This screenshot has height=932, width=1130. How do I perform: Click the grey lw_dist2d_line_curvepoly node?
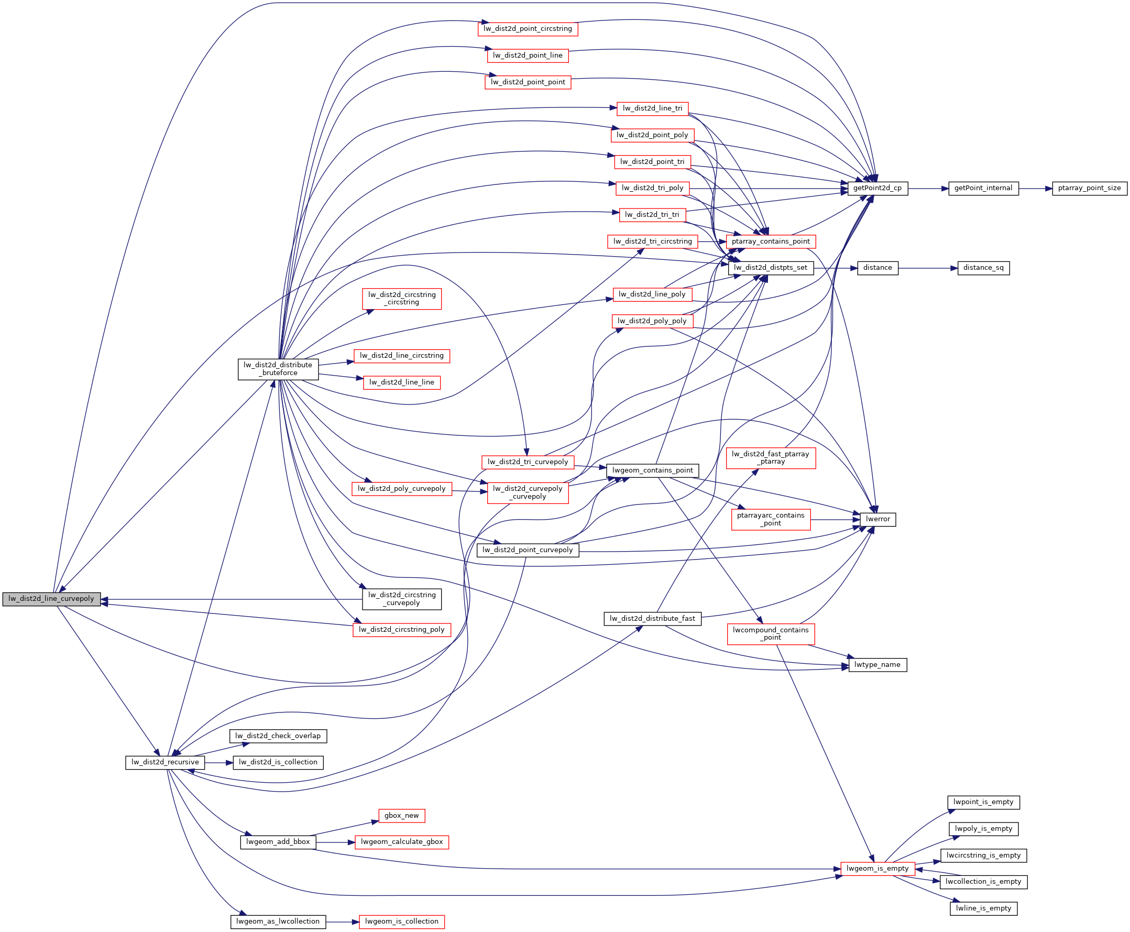click(51, 599)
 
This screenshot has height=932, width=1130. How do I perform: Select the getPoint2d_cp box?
click(877, 189)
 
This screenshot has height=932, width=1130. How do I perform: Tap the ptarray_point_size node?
click(1089, 189)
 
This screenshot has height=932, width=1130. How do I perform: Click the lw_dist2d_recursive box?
click(165, 762)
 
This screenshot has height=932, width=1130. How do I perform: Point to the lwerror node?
click(877, 519)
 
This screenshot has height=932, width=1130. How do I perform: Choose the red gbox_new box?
click(401, 816)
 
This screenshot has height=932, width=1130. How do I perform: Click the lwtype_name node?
click(877, 665)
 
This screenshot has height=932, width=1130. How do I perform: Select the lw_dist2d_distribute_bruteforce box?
click(278, 369)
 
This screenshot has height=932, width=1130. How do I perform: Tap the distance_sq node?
click(983, 268)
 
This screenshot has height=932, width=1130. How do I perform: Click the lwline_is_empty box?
click(983, 908)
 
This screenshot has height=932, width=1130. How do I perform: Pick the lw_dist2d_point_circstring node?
click(528, 29)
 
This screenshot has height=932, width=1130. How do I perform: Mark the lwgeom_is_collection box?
click(401, 922)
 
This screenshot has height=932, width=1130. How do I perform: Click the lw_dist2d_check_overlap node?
click(278, 736)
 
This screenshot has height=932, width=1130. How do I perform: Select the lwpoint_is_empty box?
click(983, 802)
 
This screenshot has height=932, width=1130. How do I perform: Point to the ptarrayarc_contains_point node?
click(770, 519)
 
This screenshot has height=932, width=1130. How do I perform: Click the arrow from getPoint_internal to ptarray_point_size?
click(1035, 189)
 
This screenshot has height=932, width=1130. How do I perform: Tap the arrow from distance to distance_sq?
click(928, 268)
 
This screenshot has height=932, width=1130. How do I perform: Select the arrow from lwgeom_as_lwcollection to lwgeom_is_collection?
click(342, 922)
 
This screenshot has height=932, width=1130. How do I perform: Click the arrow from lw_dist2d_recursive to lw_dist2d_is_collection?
click(218, 762)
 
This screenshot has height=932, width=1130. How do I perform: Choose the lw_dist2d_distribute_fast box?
click(652, 619)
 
